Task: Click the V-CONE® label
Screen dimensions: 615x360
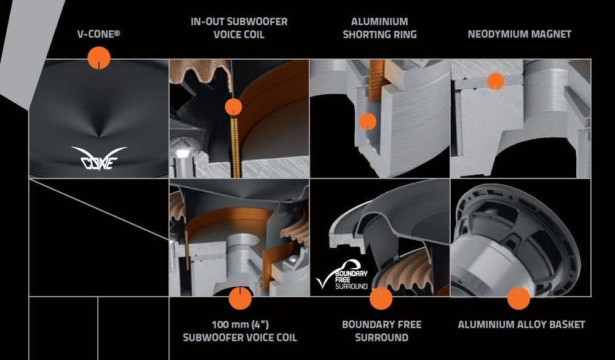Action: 99,34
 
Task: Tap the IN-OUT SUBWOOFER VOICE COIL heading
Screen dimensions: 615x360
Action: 239,28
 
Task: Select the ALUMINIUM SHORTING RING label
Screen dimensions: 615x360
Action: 379,28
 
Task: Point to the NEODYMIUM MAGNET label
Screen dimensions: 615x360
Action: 519,34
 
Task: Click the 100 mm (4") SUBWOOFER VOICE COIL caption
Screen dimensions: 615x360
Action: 240,331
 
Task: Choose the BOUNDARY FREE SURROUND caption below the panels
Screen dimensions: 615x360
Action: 382,331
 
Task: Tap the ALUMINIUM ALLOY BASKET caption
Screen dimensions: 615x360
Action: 522,325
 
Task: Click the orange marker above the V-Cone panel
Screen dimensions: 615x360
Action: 99,58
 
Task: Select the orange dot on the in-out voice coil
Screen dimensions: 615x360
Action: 233,107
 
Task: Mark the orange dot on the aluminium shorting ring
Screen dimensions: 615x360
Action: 368,121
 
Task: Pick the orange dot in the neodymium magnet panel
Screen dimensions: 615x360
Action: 495,81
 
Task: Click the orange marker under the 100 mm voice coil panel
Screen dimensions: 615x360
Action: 240,298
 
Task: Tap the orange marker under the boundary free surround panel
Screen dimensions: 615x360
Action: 381,298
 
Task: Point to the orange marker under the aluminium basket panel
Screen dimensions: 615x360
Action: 518,298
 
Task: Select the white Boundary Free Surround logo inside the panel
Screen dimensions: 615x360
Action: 343,275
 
